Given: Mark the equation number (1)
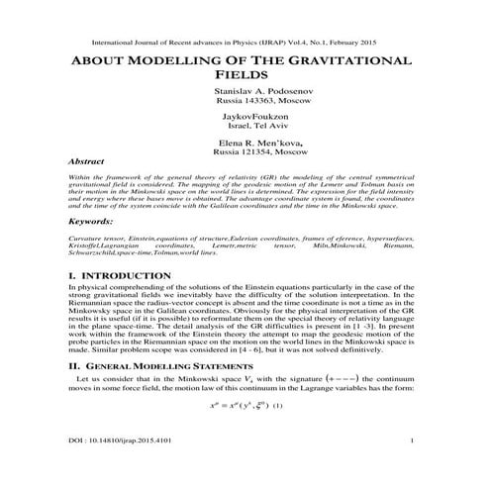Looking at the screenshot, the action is pos(278,407).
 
